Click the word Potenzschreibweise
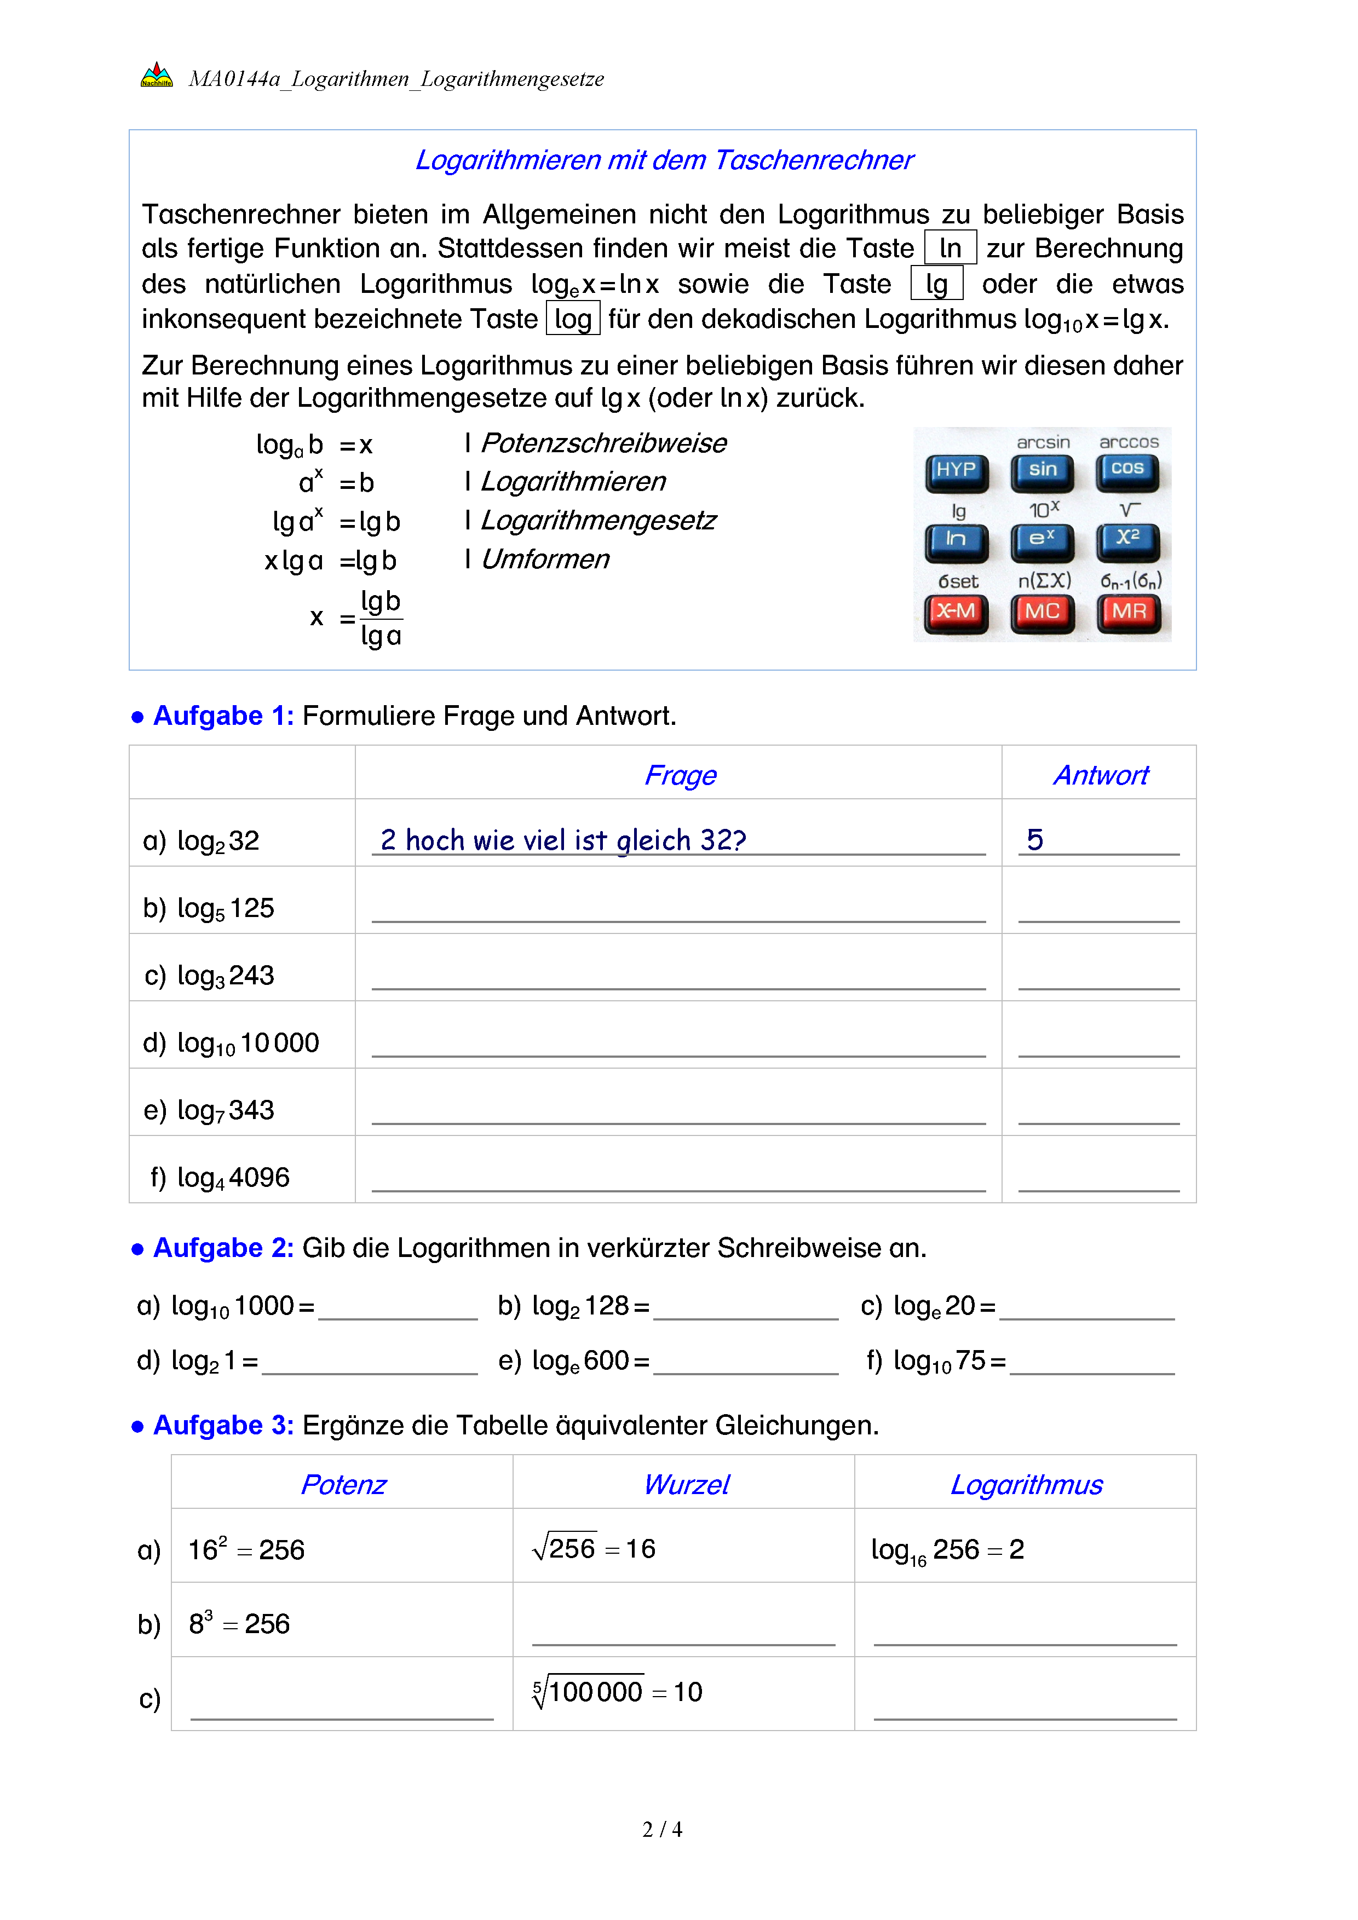pos(604,443)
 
